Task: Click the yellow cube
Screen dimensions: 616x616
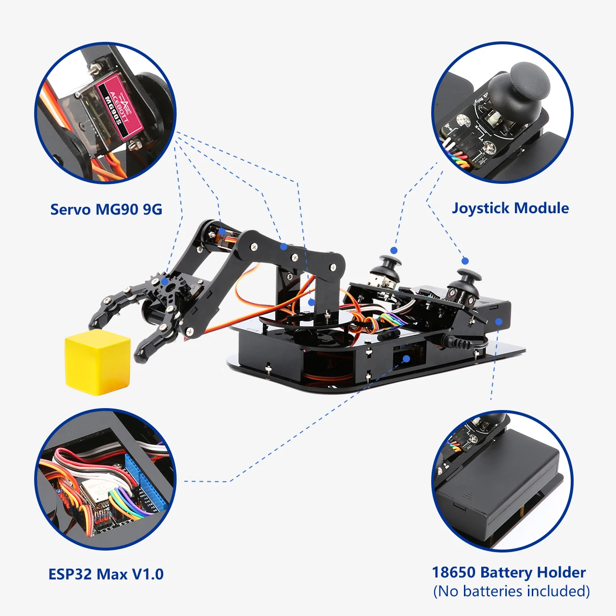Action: [x=98, y=362]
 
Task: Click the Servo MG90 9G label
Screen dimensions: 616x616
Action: [x=106, y=209]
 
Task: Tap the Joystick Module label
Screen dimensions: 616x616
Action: [x=510, y=208]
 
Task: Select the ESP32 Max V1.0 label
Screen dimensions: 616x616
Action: [x=106, y=574]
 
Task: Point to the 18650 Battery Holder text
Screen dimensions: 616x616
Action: [x=509, y=572]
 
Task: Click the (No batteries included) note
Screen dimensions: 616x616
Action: [x=511, y=591]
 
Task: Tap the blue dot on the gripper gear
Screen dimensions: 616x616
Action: [x=165, y=282]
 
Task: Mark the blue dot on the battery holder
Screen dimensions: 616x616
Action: [x=499, y=321]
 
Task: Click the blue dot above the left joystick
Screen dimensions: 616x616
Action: [x=394, y=250]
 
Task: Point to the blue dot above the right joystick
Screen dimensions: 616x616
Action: [x=465, y=261]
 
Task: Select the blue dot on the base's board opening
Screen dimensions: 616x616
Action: [x=407, y=359]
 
